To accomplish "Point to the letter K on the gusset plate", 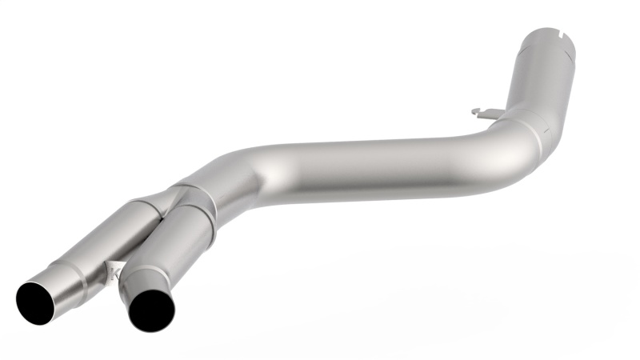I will point(114,272).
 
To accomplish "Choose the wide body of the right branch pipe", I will point(184,232).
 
